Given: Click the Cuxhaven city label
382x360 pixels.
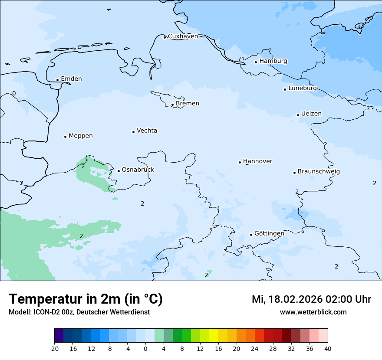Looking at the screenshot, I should (183, 36).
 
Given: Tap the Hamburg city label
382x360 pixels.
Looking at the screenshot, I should (273, 61).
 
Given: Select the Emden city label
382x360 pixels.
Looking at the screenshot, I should (71, 79).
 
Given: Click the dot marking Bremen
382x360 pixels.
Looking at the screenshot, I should (172, 105).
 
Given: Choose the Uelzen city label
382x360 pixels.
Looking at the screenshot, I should (311, 114).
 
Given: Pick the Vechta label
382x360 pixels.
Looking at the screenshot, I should (147, 131).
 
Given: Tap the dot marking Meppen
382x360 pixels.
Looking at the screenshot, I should (65, 137).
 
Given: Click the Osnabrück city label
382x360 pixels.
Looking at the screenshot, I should (138, 170).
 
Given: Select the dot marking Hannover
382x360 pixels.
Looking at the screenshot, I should (240, 162).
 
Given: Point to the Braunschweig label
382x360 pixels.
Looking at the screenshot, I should (319, 172).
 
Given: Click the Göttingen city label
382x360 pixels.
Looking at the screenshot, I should (269, 234).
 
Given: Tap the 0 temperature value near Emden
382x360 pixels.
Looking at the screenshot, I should (14, 94).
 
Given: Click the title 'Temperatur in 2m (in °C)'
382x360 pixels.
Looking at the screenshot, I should (86, 299).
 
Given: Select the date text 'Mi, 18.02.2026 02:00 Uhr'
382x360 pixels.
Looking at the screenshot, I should (311, 299).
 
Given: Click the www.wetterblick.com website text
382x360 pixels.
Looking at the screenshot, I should (313, 312).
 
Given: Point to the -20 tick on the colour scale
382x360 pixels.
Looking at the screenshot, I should (54, 348).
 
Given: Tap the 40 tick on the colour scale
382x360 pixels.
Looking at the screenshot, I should (328, 348).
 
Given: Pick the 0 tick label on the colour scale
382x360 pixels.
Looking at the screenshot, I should (145, 348).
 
